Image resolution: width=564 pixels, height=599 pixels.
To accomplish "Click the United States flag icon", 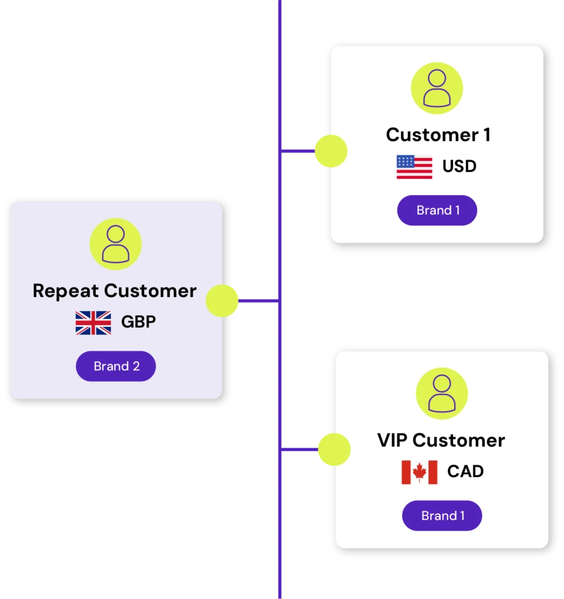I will click(414, 167).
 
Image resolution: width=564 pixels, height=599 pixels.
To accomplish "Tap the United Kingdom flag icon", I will click(93, 323).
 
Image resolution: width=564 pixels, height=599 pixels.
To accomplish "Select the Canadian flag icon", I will click(419, 472).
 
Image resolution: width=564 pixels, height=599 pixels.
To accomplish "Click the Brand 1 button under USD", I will click(437, 211).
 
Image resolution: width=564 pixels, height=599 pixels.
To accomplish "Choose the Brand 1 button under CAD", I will click(442, 516).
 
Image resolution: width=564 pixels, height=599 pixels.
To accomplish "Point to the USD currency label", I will click(459, 167).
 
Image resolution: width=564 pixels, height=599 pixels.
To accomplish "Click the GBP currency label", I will click(139, 322).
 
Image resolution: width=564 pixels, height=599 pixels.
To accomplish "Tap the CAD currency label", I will click(465, 471).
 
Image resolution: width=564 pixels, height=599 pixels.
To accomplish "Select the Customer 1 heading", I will click(438, 135).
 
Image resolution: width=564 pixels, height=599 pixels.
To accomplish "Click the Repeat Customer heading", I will click(115, 291).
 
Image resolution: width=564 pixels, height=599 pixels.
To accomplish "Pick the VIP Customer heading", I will click(441, 440).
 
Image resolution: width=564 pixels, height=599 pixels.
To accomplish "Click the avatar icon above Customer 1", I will click(437, 88).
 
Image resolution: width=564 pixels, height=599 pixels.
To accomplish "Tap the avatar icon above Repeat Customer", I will click(116, 245).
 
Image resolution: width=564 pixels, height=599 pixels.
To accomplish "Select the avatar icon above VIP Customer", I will click(442, 394).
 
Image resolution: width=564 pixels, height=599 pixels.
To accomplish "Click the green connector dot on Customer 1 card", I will click(330, 151).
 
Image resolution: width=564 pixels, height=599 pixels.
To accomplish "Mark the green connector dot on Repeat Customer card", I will click(222, 301).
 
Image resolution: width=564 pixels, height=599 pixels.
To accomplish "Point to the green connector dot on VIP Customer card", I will click(334, 450).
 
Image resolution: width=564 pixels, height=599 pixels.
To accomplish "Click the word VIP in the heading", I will click(393, 440).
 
